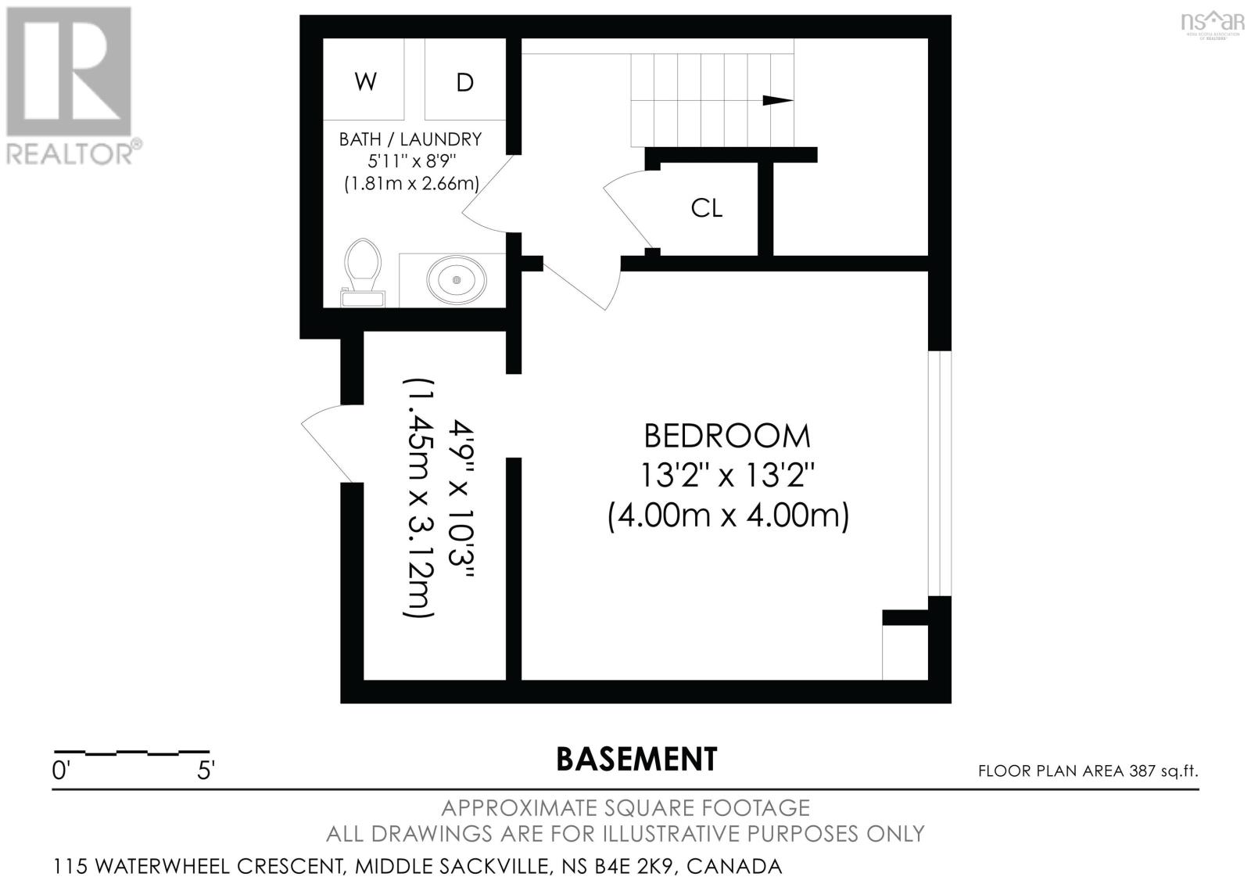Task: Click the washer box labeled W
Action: pyautogui.click(x=365, y=81)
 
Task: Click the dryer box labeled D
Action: pyautogui.click(x=464, y=81)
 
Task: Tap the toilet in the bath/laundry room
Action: pyautogui.click(x=363, y=272)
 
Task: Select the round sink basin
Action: pyautogui.click(x=456, y=279)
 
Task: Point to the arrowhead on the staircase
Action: pyautogui.click(x=777, y=100)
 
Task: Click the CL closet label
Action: pyautogui.click(x=706, y=208)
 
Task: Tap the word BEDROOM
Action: pyautogui.click(x=726, y=436)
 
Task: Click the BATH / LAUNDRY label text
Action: pyautogui.click(x=410, y=140)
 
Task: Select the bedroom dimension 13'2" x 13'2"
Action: pyautogui.click(x=727, y=475)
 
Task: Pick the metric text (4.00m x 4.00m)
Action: pyautogui.click(x=728, y=516)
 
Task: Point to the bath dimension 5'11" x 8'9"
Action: pyautogui.click(x=411, y=162)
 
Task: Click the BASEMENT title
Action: pyautogui.click(x=636, y=759)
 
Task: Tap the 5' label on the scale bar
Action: pyautogui.click(x=205, y=771)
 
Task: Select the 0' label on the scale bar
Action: pyautogui.click(x=61, y=771)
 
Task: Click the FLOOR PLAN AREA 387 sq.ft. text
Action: pyautogui.click(x=1088, y=771)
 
